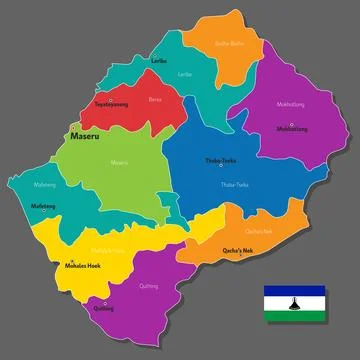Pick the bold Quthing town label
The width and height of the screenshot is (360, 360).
click(102, 309)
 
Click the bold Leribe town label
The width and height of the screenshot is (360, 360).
click(158, 60)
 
